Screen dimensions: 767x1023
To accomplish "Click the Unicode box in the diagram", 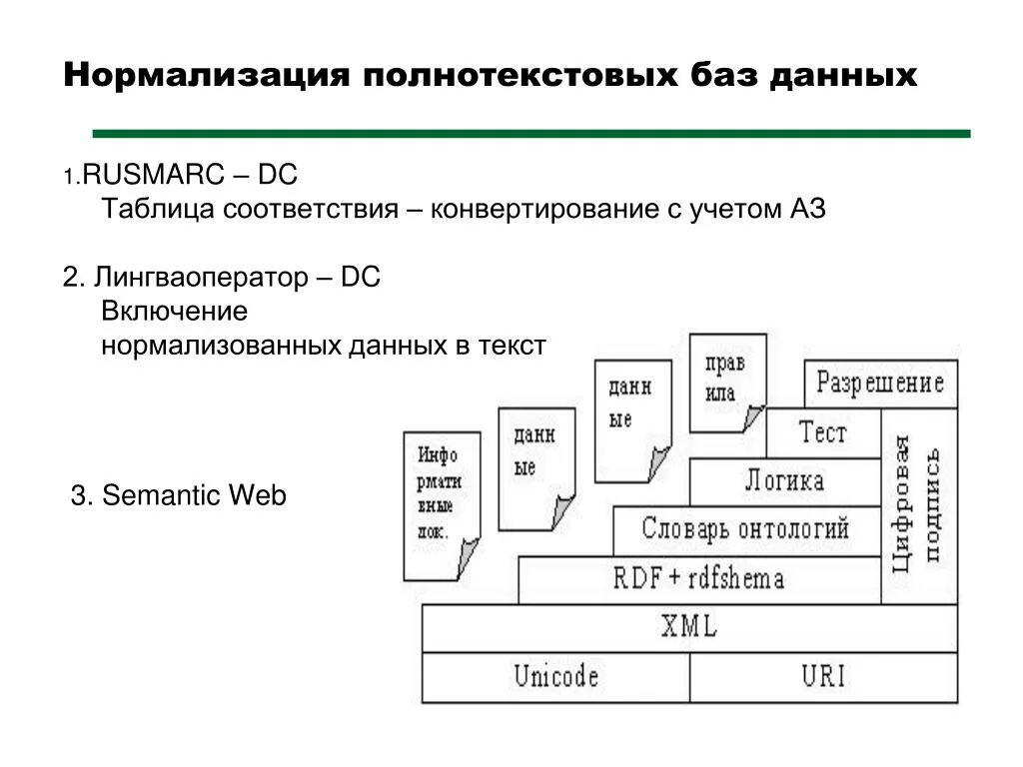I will (555, 677).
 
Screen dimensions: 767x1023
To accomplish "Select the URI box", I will (823, 677).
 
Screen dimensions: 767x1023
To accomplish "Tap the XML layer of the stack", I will (689, 628).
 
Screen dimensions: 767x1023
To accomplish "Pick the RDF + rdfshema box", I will (698, 579).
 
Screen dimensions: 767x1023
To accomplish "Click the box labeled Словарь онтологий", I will (745, 529).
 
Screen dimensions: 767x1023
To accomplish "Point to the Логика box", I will (784, 481).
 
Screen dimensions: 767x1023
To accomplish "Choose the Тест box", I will (822, 433).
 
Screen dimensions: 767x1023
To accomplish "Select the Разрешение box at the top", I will (880, 383).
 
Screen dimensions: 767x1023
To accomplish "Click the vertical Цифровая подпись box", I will (919, 505).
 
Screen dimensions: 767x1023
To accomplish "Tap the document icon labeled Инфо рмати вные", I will (440, 504).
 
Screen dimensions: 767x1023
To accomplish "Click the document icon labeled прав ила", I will (726, 381).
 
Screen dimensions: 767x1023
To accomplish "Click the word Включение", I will (174, 311).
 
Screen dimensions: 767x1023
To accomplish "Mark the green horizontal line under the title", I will (530, 132).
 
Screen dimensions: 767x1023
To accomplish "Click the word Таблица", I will (158, 210).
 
